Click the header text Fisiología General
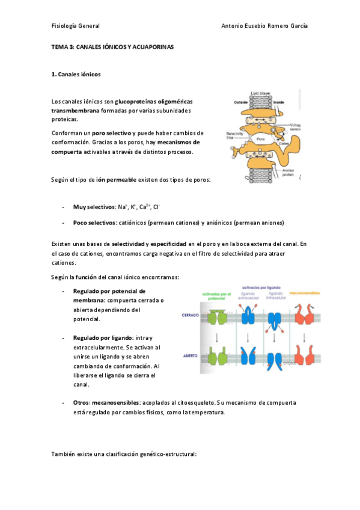pyautogui.click(x=76, y=26)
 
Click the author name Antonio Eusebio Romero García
pyautogui.click(x=264, y=26)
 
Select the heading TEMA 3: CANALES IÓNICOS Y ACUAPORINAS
pyautogui.click(x=112, y=46)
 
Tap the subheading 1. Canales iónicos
pyautogui.click(x=76, y=75)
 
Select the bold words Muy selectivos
pyautogui.click(x=94, y=207)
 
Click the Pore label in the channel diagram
pyautogui.click(x=260, y=138)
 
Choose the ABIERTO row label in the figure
pyautogui.click(x=191, y=355)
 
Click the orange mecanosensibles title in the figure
pyautogui.click(x=304, y=293)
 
